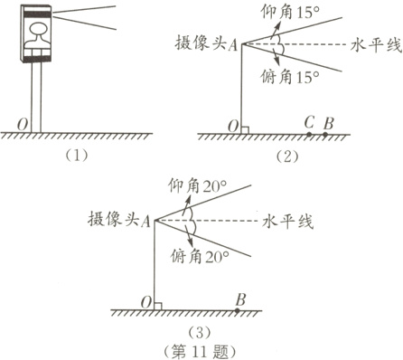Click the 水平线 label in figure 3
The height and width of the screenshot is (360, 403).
[x=288, y=221]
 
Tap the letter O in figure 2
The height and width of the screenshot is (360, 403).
[x=233, y=125]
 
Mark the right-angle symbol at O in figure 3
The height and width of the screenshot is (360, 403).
[x=159, y=305]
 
